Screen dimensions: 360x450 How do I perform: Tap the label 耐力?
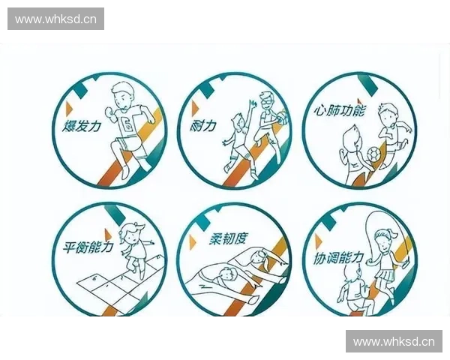coord(204,125)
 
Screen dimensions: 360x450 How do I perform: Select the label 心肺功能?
coord(338,110)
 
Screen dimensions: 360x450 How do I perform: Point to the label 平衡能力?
coord(83,245)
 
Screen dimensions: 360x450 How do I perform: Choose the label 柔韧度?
coord(228,240)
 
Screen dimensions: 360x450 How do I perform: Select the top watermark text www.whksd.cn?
coord(56,19)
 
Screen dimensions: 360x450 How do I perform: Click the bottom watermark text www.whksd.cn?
coord(393,342)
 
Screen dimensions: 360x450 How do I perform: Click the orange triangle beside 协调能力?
coord(319,241)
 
